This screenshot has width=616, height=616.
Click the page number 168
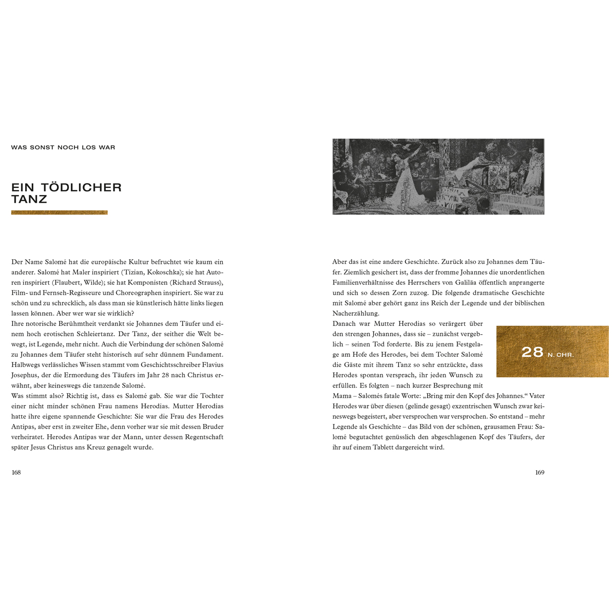pyautogui.click(x=16, y=473)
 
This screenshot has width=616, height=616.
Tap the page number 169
pyautogui.click(x=540, y=473)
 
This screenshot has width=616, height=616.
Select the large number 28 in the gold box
pyautogui.click(x=532, y=352)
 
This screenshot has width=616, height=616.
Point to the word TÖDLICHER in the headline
pyautogui.click(x=81, y=187)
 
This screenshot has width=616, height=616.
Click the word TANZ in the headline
pyautogui.click(x=29, y=199)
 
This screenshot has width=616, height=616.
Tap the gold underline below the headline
pyautogui.click(x=60, y=213)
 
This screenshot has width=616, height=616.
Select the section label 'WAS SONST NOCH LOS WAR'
pyautogui.click(x=63, y=147)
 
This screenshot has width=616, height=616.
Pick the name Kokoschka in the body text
pyautogui.click(x=163, y=272)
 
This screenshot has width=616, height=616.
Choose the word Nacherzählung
pyautogui.click(x=356, y=313)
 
